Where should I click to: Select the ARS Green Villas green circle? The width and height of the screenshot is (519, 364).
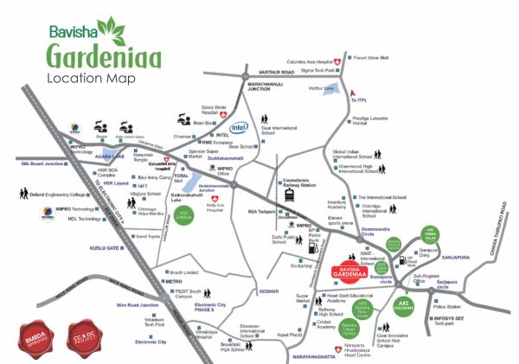(x=424, y=240)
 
